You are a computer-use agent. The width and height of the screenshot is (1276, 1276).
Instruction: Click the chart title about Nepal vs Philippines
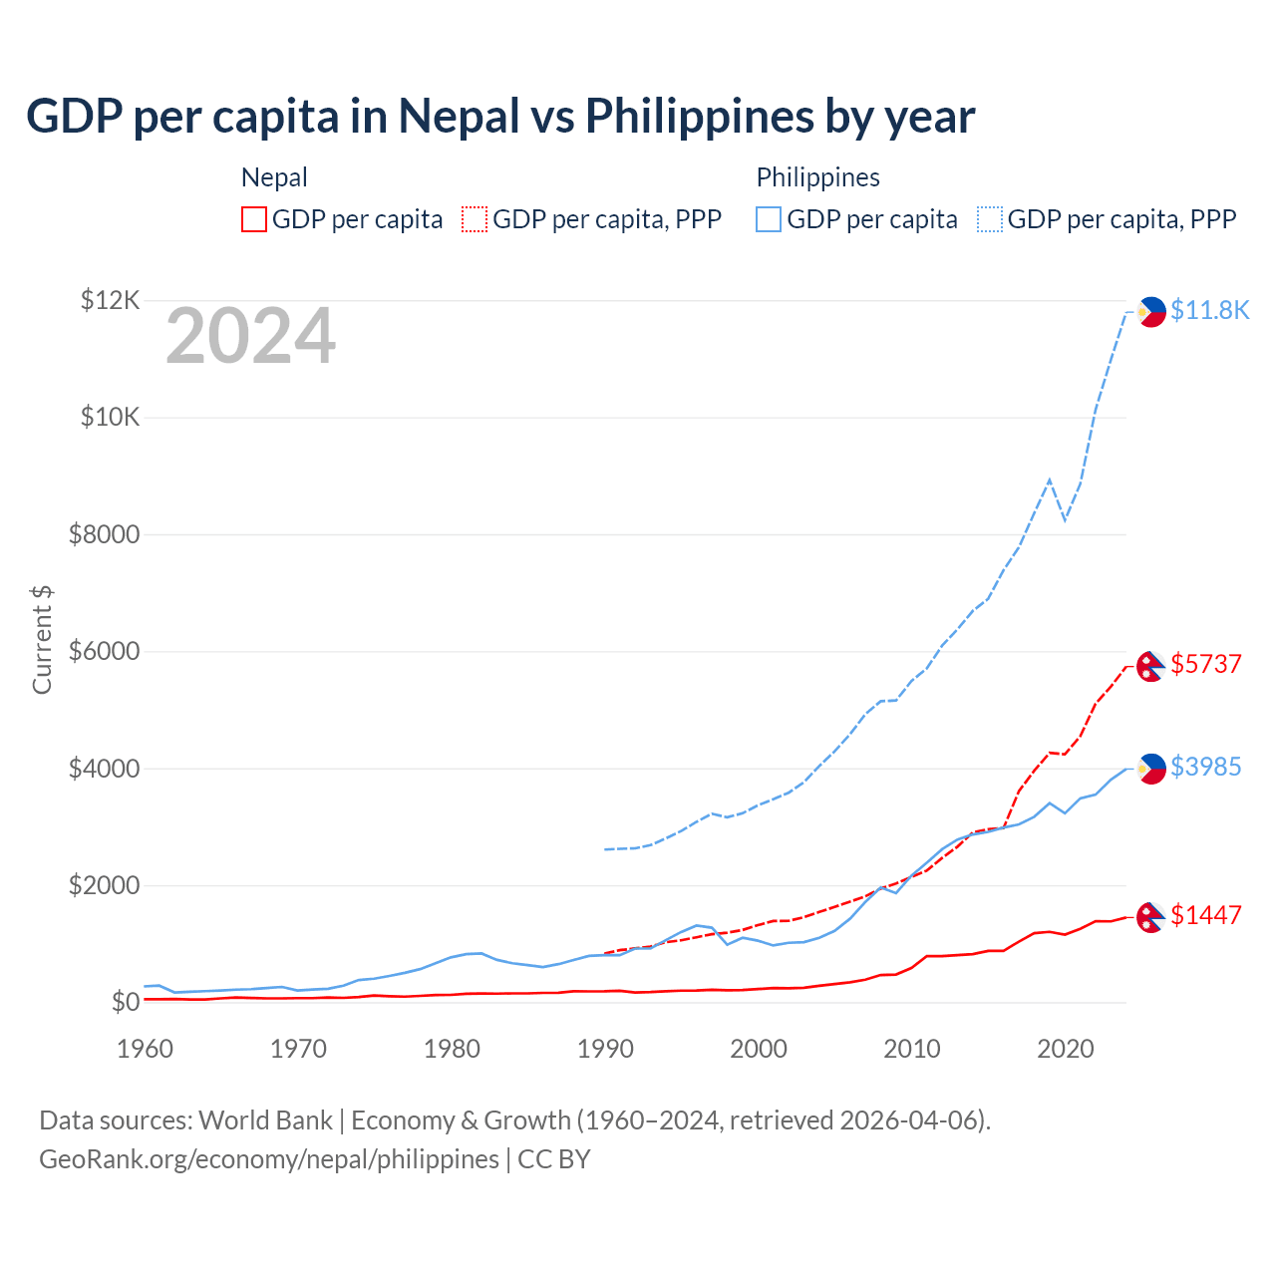(x=500, y=117)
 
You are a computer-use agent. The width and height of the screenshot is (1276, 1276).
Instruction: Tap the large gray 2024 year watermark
(x=250, y=337)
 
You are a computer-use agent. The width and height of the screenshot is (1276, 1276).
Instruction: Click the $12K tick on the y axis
(x=111, y=300)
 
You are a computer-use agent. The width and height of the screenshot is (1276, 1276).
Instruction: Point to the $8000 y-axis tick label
(x=104, y=534)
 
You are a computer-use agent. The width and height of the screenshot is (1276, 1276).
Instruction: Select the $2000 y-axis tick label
(x=104, y=885)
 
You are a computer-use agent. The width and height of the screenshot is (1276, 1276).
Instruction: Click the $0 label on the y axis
(x=125, y=1002)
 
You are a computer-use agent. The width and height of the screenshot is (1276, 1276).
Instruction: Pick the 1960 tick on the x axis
(x=146, y=1049)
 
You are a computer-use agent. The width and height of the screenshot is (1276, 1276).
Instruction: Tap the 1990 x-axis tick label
(x=605, y=1049)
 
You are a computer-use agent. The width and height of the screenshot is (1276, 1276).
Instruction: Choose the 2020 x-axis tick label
(x=1066, y=1049)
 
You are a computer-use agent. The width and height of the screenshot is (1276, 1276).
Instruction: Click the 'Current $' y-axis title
(x=42, y=640)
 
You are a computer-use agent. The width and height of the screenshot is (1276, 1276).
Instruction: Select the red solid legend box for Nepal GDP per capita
(x=254, y=219)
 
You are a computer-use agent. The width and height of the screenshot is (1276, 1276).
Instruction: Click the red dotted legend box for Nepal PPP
(x=476, y=219)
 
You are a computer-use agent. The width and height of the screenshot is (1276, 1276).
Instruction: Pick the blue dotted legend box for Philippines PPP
(x=990, y=219)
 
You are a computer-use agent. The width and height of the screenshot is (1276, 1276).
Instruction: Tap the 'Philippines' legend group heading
(x=817, y=177)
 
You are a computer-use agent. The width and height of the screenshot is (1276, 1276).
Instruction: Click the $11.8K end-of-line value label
(x=1209, y=310)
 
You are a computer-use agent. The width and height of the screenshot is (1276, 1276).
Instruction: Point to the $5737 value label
(x=1205, y=664)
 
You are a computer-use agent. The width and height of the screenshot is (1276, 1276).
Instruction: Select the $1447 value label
(x=1205, y=915)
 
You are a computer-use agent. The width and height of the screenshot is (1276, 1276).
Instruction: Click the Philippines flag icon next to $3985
(x=1151, y=769)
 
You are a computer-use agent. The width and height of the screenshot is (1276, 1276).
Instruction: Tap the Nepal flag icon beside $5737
(x=1151, y=666)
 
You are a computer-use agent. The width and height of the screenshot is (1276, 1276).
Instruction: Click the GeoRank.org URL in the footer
(x=269, y=1159)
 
